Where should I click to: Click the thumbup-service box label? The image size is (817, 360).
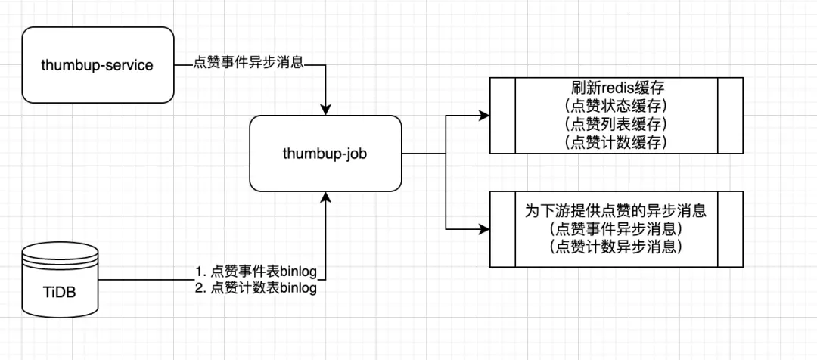point(97,65)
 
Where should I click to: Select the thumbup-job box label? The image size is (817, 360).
point(326,154)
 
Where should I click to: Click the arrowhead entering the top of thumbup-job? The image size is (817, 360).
point(326,109)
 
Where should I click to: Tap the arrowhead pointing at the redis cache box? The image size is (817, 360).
point(484,116)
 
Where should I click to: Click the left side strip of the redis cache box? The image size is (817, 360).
point(503,115)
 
